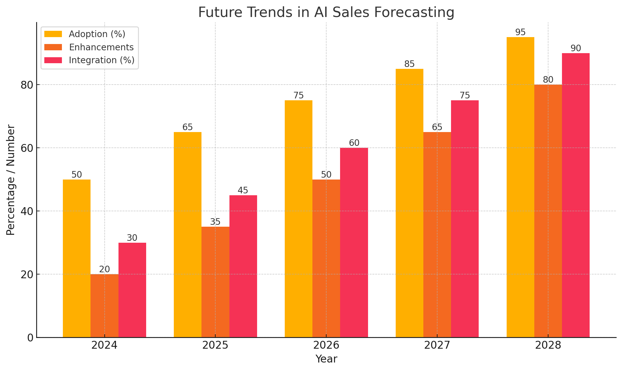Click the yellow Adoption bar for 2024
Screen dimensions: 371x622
click(77, 258)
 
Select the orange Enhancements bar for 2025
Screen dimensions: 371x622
click(215, 282)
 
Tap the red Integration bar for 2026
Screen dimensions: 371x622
click(354, 242)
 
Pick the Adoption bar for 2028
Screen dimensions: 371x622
click(520, 187)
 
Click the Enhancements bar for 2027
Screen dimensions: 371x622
click(437, 235)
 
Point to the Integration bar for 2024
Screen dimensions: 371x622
click(132, 290)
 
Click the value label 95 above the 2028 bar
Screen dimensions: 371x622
click(520, 32)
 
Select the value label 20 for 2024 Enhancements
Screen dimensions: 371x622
click(104, 269)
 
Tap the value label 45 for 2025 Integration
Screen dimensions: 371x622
click(243, 190)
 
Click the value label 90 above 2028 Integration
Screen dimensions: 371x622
click(576, 48)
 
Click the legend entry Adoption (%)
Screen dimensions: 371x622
click(97, 34)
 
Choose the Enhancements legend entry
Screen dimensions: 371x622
click(101, 47)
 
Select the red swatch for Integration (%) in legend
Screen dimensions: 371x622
click(53, 60)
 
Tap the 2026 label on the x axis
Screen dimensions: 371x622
click(326, 346)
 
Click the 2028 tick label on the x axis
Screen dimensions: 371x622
click(548, 346)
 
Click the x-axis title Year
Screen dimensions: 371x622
click(326, 359)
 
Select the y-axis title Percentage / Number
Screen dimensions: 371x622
click(11, 180)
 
